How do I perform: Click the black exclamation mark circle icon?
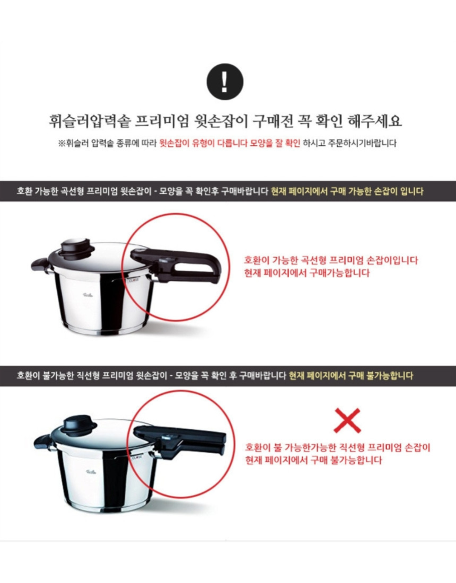point(225,82)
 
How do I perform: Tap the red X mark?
point(347,420)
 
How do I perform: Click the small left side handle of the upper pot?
point(39,264)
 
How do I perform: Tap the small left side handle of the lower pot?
point(42,441)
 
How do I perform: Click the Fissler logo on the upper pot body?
point(86,295)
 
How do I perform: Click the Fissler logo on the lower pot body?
point(91,472)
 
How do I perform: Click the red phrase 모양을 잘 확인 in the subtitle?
point(275,143)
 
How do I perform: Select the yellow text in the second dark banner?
point(350,376)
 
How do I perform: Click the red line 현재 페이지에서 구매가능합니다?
point(307,273)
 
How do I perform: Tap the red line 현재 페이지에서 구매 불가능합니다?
point(313,460)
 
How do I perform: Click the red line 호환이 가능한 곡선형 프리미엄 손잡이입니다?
point(331,260)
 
